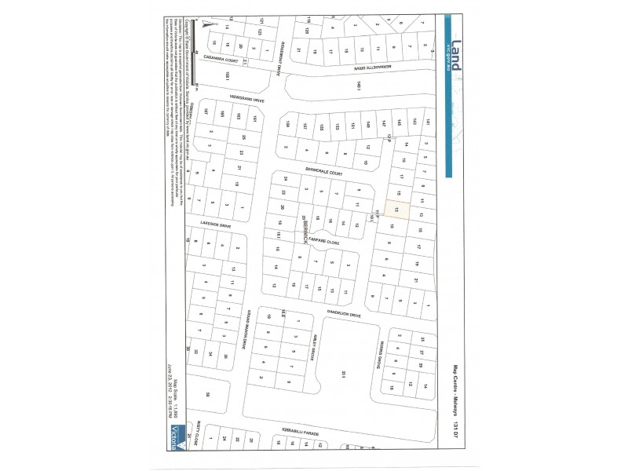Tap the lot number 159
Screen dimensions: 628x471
point(288,125)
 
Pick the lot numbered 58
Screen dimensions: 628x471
point(208,395)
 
